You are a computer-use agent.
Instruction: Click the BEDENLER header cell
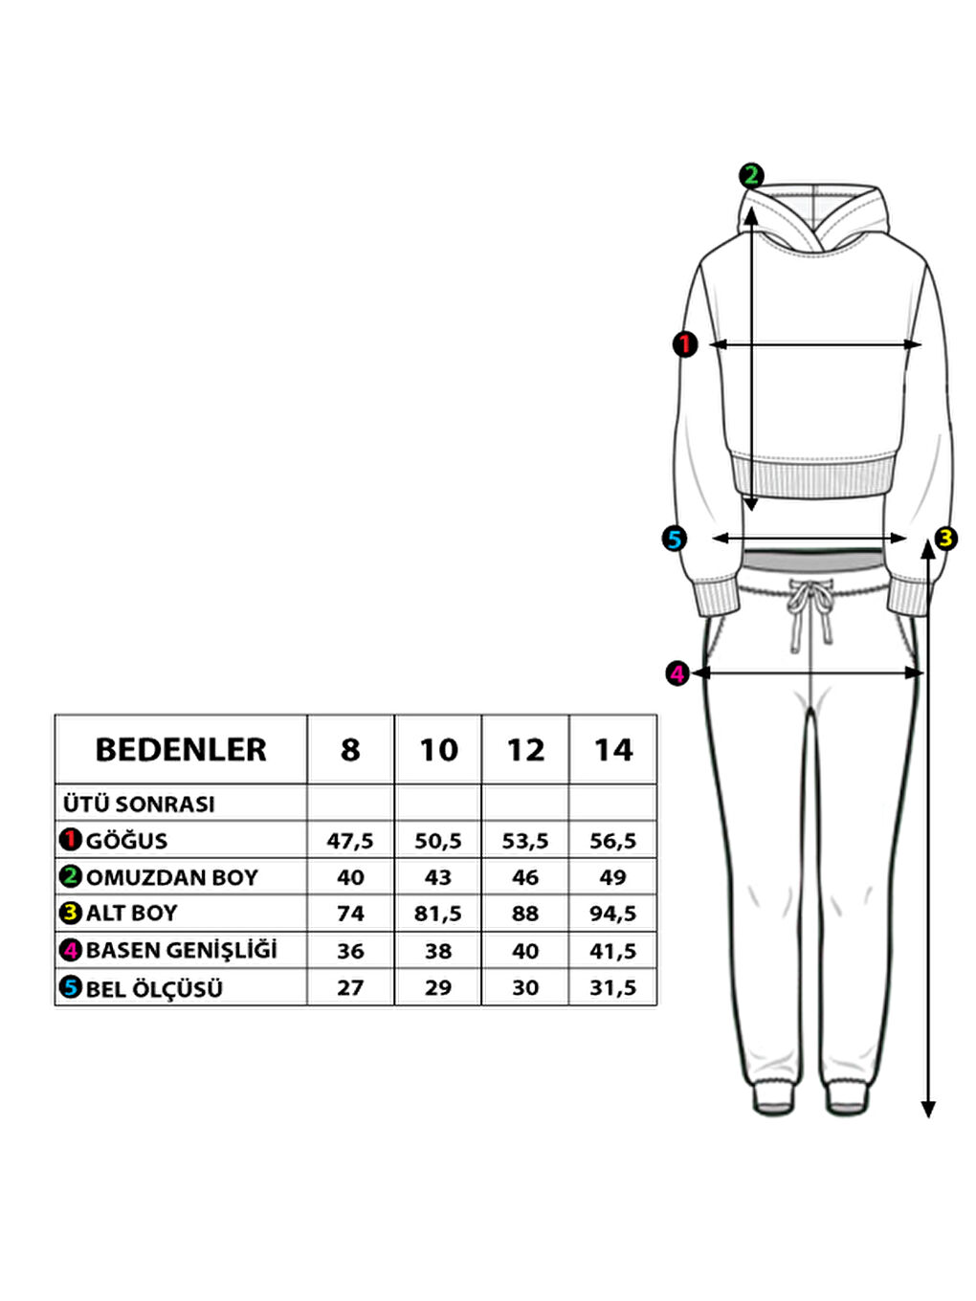pyautogui.click(x=181, y=750)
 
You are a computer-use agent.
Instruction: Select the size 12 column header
pyautogui.click(x=525, y=750)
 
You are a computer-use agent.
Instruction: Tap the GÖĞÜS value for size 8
pyautogui.click(x=350, y=841)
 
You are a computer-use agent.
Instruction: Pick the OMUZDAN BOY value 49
pyautogui.click(x=612, y=877)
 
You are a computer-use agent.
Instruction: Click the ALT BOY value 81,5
pyautogui.click(x=438, y=914)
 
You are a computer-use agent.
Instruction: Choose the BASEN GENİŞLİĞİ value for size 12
pyautogui.click(x=525, y=951)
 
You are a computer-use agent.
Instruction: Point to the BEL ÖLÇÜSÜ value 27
pyautogui.click(x=350, y=987)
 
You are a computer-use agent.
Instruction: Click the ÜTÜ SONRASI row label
pyautogui.click(x=139, y=804)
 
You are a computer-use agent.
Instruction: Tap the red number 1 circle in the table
pyautogui.click(x=70, y=840)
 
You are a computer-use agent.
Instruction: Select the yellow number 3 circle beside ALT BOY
pyautogui.click(x=70, y=913)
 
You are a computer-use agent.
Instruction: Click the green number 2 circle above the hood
pyautogui.click(x=751, y=175)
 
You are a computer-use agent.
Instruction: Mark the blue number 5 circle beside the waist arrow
pyautogui.click(x=675, y=539)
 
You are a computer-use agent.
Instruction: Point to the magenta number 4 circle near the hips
pyautogui.click(x=677, y=673)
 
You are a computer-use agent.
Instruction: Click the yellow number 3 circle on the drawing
pyautogui.click(x=945, y=538)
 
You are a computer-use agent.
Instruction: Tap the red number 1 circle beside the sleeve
pyautogui.click(x=685, y=344)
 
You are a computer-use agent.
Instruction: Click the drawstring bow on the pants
pyautogui.click(x=810, y=603)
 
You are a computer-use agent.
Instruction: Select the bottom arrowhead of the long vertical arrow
pyautogui.click(x=927, y=1109)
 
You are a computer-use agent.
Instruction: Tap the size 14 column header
pyautogui.click(x=612, y=750)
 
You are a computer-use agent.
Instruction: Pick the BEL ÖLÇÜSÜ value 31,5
pyautogui.click(x=612, y=987)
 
